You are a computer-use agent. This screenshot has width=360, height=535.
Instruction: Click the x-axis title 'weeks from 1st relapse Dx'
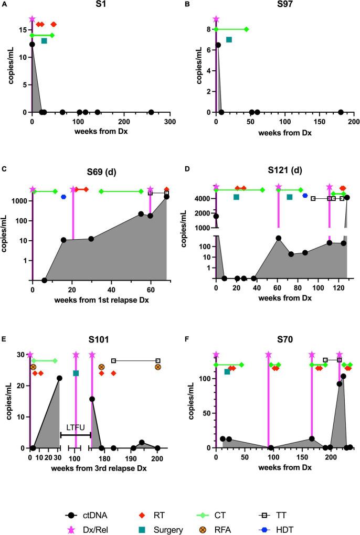(x=100, y=298)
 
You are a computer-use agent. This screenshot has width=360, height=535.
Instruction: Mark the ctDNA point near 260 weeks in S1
(x=151, y=112)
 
